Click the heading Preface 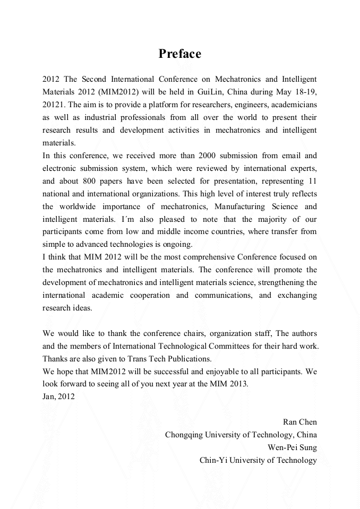click(x=179, y=54)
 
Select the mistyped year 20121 click(x=54, y=105)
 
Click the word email click(x=288, y=156)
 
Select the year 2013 click(x=238, y=384)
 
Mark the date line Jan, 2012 click(x=58, y=397)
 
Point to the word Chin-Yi click(x=214, y=461)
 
